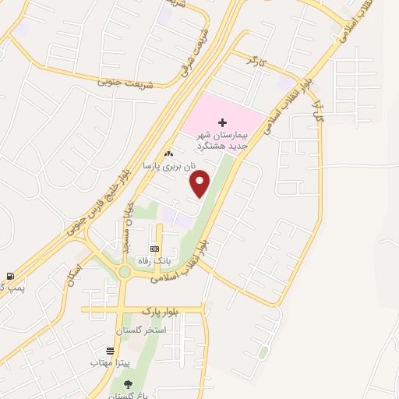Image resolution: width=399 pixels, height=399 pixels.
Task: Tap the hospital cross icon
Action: pyautogui.click(x=223, y=122)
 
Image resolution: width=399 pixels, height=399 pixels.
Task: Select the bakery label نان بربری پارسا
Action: pyautogui.click(x=165, y=165)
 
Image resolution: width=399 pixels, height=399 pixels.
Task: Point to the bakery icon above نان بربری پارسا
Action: pyautogui.click(x=168, y=154)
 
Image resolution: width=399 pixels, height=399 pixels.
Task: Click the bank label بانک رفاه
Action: pyautogui.click(x=154, y=260)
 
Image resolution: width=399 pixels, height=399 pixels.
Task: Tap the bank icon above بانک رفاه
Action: pyautogui.click(x=154, y=248)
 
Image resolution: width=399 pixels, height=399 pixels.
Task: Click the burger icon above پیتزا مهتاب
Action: pyautogui.click(x=111, y=351)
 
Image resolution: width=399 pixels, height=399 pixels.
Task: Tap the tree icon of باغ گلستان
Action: pyautogui.click(x=128, y=384)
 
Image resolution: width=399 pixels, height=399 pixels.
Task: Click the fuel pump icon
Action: pyautogui.click(x=9, y=275)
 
